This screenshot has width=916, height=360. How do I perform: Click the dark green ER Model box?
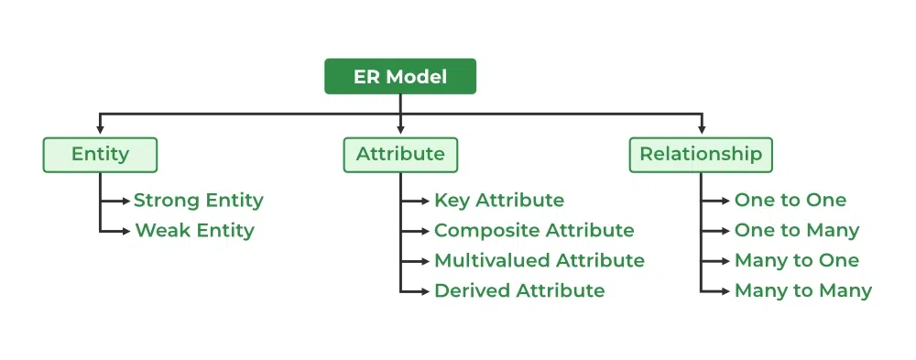pyautogui.click(x=400, y=77)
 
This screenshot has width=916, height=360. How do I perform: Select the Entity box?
pyautogui.click(x=100, y=155)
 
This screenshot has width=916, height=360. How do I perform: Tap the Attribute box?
pyautogui.click(x=400, y=155)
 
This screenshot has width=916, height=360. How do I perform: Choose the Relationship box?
pyautogui.click(x=701, y=155)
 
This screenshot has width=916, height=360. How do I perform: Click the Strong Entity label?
pyautogui.click(x=199, y=200)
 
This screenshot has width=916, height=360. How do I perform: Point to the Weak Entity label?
pyautogui.click(x=194, y=230)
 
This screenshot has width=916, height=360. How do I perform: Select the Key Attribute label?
pyautogui.click(x=499, y=200)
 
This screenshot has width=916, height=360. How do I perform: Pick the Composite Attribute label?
pyautogui.click(x=534, y=230)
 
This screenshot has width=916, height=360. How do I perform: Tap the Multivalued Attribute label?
pyautogui.click(x=540, y=260)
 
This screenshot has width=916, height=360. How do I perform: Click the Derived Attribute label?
pyautogui.click(x=519, y=290)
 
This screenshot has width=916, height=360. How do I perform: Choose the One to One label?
pyautogui.click(x=791, y=200)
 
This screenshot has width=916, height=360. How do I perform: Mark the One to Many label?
pyautogui.click(x=797, y=230)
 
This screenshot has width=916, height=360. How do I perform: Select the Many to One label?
pyautogui.click(x=797, y=260)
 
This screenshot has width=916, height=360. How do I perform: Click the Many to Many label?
pyautogui.click(x=803, y=290)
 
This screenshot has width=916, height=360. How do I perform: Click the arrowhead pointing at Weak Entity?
pyautogui.click(x=126, y=230)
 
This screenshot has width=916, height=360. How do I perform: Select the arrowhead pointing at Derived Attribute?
pyautogui.click(x=426, y=290)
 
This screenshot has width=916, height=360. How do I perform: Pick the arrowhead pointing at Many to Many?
pyautogui.click(x=726, y=290)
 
